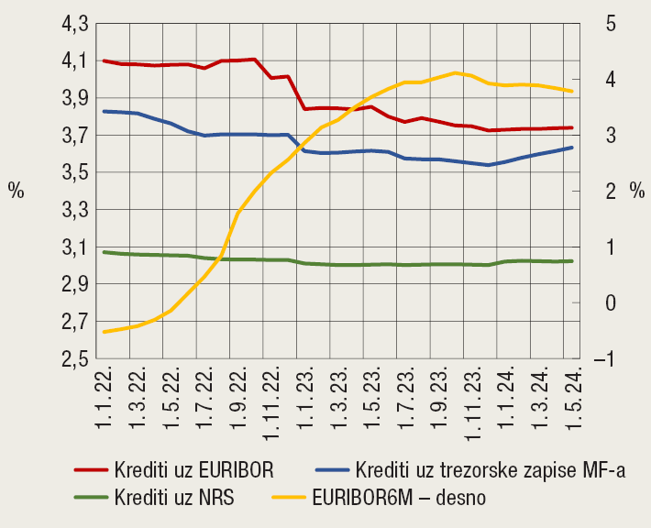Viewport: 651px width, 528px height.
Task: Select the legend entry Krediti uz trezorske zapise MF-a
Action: point(490,470)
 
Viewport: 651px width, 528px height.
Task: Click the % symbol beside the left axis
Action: point(16,192)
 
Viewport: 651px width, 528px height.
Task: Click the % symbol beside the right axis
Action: point(637,192)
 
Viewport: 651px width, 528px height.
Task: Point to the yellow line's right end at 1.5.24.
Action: point(573,91)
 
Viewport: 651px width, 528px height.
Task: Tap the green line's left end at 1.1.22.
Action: point(104,252)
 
